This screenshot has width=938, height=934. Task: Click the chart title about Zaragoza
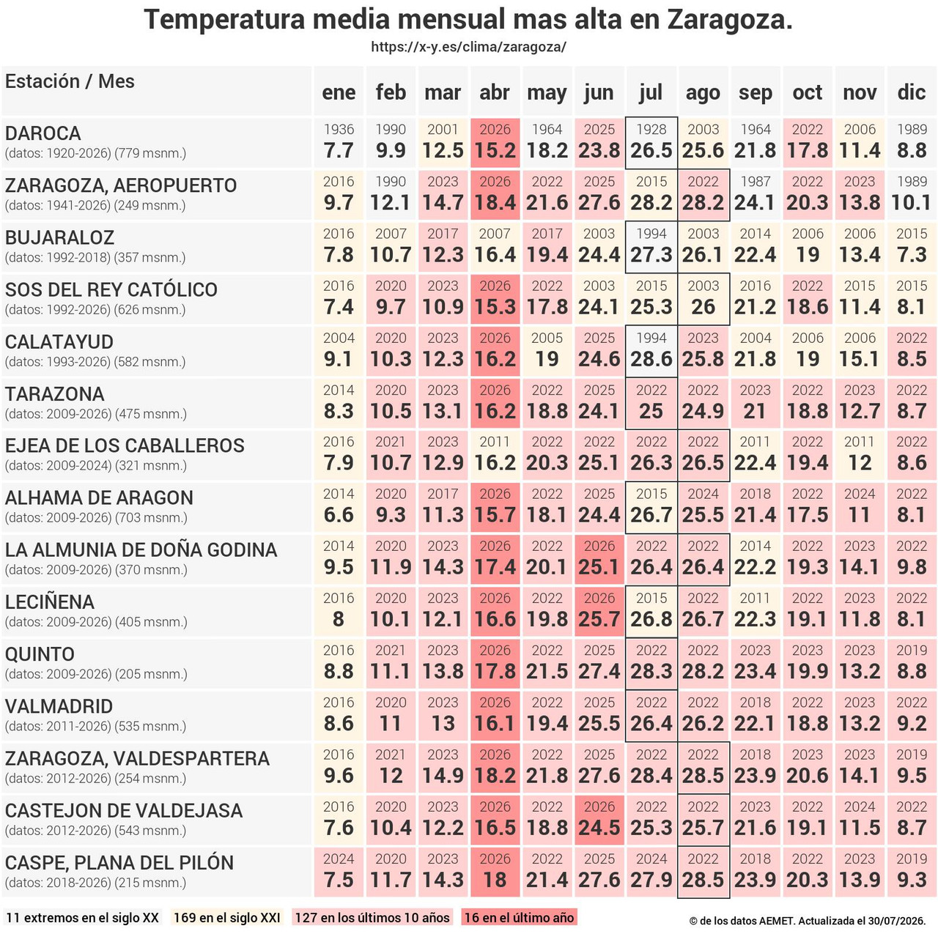(468, 21)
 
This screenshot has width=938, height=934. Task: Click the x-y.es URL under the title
(468, 47)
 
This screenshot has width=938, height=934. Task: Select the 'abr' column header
(495, 92)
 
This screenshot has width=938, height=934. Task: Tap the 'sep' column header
(755, 92)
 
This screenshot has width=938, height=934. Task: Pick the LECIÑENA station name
(50, 602)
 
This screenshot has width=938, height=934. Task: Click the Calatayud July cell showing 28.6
(651, 351)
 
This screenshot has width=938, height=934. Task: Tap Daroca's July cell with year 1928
(651, 143)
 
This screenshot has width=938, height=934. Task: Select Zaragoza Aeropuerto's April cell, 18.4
(495, 195)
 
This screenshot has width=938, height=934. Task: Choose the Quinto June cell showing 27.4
(599, 664)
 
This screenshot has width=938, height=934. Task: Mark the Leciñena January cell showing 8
(339, 611)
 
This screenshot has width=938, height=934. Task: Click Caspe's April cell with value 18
(495, 872)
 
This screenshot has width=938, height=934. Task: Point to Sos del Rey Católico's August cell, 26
(703, 299)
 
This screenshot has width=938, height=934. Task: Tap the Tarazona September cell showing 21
(755, 403)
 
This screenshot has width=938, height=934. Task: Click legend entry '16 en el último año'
(519, 917)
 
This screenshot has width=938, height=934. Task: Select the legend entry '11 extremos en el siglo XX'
(82, 917)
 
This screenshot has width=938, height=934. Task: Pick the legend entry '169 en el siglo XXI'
(227, 917)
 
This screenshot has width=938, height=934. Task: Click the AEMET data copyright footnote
(808, 921)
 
